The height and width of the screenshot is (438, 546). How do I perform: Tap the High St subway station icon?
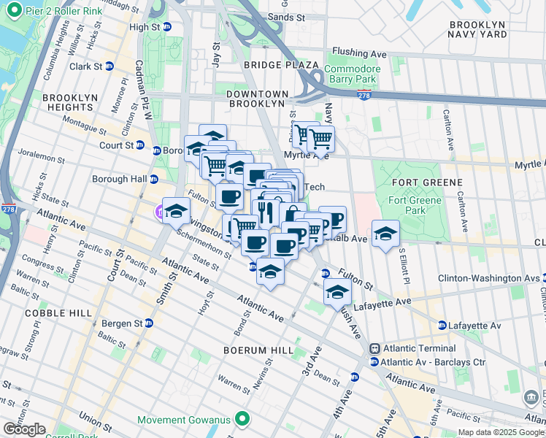pyautogui.click(x=167, y=27)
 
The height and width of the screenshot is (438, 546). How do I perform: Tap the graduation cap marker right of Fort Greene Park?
pyautogui.click(x=385, y=234)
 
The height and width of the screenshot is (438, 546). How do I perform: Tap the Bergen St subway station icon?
pyautogui.click(x=149, y=323)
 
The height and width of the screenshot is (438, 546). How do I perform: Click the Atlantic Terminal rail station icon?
pyautogui.click(x=374, y=349)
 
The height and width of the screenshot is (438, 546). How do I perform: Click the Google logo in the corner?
pyautogui.click(x=24, y=429)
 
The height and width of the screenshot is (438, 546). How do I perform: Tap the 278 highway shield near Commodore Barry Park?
pyautogui.click(x=364, y=95)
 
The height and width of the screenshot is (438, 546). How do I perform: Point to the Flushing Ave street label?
pyautogui.click(x=358, y=53)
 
